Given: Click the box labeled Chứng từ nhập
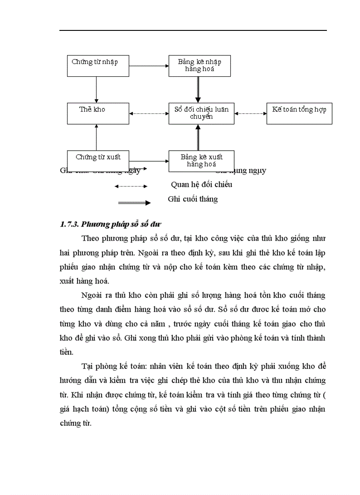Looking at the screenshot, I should [95, 66].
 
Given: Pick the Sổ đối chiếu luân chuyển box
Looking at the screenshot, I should [201, 113].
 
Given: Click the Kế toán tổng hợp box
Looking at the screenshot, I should [299, 113].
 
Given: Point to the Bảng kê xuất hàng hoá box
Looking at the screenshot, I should [201, 161].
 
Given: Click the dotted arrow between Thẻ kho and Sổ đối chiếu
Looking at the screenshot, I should [149, 114].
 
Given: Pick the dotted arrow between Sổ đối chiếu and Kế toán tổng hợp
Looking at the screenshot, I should [251, 114].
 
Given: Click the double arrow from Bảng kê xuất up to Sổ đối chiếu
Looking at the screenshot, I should [198, 137].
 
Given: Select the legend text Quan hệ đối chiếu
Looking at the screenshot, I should [201, 184].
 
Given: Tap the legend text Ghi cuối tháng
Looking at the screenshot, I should [193, 199].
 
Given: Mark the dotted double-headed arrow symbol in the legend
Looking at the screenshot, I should [131, 186].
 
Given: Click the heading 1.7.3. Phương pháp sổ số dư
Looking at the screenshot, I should [113, 224].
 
